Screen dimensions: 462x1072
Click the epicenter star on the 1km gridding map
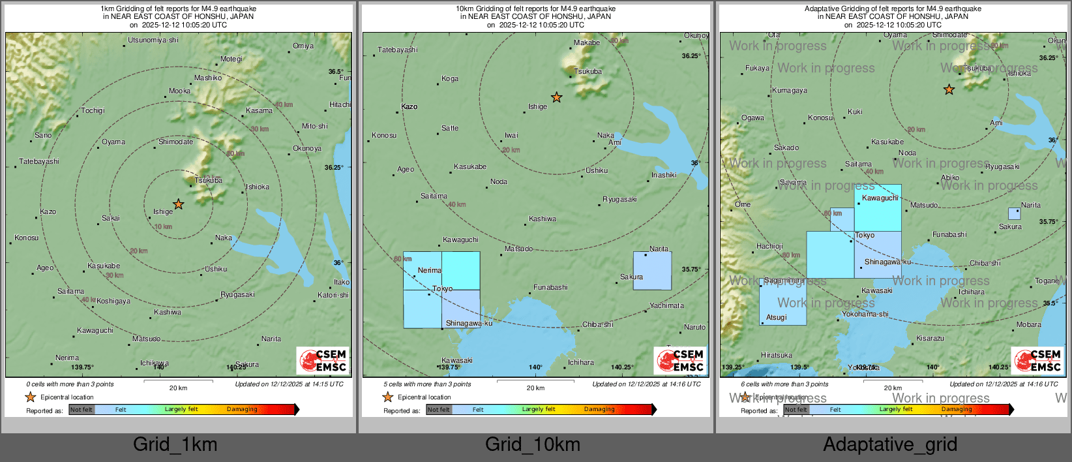click(x=178, y=204)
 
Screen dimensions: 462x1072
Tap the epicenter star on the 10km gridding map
click(x=556, y=97)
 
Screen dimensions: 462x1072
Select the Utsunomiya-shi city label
click(x=153, y=40)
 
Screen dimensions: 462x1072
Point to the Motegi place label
click(x=231, y=59)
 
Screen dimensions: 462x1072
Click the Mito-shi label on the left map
click(x=315, y=126)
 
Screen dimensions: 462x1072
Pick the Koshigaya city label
click(x=113, y=301)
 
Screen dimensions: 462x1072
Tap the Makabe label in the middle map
click(x=587, y=43)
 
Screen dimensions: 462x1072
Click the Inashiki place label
click(x=664, y=175)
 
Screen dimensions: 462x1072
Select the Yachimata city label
click(x=666, y=305)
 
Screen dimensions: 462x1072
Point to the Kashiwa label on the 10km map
click(x=543, y=219)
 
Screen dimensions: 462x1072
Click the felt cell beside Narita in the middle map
click(x=652, y=271)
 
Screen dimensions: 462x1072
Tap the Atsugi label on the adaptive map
click(x=776, y=317)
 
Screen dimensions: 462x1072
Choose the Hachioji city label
click(x=769, y=246)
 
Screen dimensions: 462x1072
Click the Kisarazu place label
click(x=930, y=338)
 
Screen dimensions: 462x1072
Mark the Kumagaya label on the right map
click(x=789, y=91)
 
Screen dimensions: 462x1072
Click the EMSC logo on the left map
click(x=323, y=360)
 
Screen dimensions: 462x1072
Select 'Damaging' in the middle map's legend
click(x=599, y=409)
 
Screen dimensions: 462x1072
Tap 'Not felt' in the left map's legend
click(x=82, y=409)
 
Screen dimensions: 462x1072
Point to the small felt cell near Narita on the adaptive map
click(x=1014, y=213)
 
